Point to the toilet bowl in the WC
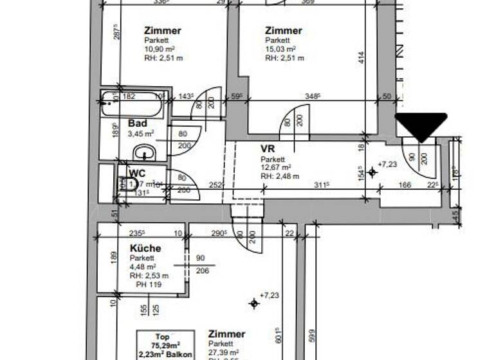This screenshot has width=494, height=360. coord(121,184)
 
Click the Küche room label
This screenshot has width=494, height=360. coord(145,248)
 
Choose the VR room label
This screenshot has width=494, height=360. coord(268,148)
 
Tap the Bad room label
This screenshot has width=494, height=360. coord(137,123)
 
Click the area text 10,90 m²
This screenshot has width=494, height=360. coord(160,49)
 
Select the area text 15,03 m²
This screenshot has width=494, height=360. coord(280,49)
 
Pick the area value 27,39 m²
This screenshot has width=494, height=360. coord(223,353)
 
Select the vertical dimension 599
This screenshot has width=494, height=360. coord(311,335)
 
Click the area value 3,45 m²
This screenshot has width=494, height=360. coord(141,134)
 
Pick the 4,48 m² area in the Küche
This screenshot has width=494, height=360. coord(143,267)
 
